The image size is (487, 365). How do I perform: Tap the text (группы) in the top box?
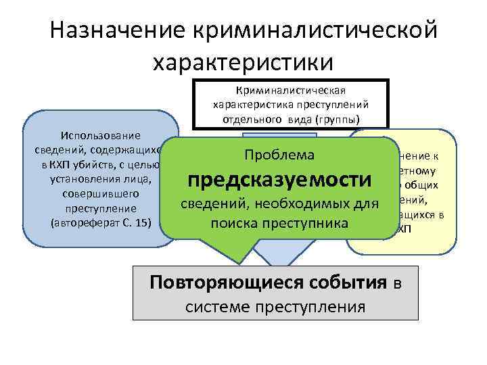[x=338, y=119]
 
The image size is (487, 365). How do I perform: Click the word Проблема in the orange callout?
[x=279, y=154]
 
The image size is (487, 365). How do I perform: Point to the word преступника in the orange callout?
[x=310, y=222]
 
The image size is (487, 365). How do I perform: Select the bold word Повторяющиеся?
[x=214, y=282]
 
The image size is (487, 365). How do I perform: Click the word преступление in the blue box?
[x=99, y=209]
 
